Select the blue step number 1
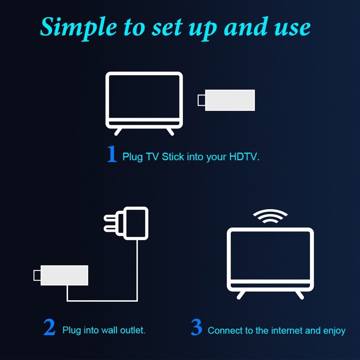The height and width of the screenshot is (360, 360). point(112,154)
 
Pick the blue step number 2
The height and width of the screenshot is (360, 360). point(49,327)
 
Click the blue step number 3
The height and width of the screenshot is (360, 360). point(196,327)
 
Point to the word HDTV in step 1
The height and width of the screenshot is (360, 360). point(245,157)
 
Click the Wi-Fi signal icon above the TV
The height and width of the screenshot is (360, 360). point(270,216)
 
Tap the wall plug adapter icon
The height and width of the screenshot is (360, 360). point(126,223)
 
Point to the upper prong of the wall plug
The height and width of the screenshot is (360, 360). point(111,218)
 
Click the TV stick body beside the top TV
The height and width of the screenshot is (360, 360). point(230,100)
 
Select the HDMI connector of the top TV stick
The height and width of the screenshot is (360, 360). point(201,100)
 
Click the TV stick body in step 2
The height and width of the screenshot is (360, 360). point(64,275)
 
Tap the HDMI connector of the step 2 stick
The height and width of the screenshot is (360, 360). point(37,275)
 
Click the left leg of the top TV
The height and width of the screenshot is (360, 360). point(118,132)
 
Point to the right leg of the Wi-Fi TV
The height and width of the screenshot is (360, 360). point(300,295)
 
